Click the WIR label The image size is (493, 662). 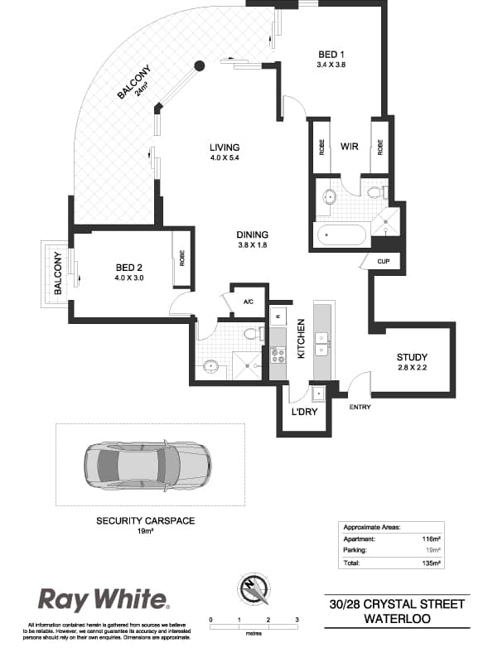(x=349, y=147)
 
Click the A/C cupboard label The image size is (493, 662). (x=248, y=302)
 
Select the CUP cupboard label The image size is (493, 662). (x=383, y=262)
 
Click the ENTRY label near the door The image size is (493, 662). (x=360, y=407)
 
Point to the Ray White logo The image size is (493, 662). (x=104, y=599)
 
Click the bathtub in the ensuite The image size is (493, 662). (x=341, y=235)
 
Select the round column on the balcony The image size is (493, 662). (x=199, y=66)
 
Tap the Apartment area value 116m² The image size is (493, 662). (x=430, y=538)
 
